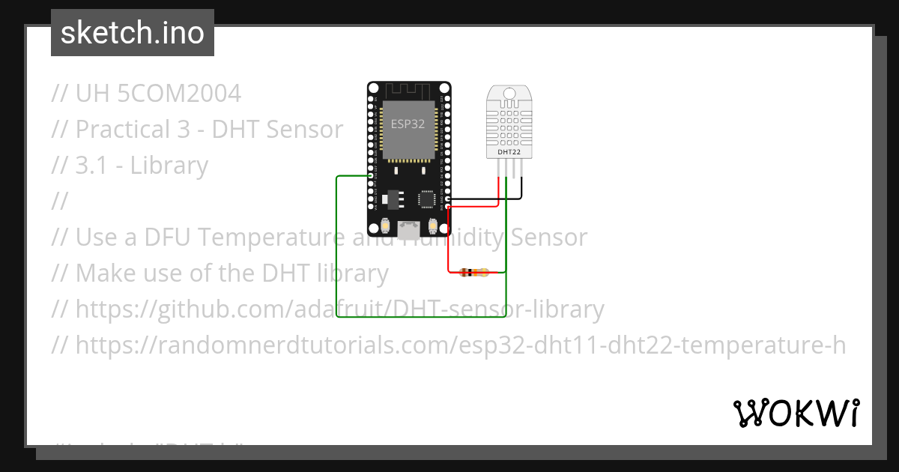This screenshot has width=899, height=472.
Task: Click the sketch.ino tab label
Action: click(133, 33)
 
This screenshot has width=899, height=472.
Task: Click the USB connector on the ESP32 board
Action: click(409, 227)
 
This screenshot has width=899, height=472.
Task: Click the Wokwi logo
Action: click(796, 413)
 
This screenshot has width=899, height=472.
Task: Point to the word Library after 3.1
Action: click(169, 166)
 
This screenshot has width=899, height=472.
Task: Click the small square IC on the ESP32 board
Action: click(427, 199)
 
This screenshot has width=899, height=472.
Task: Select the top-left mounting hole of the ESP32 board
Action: click(372, 88)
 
